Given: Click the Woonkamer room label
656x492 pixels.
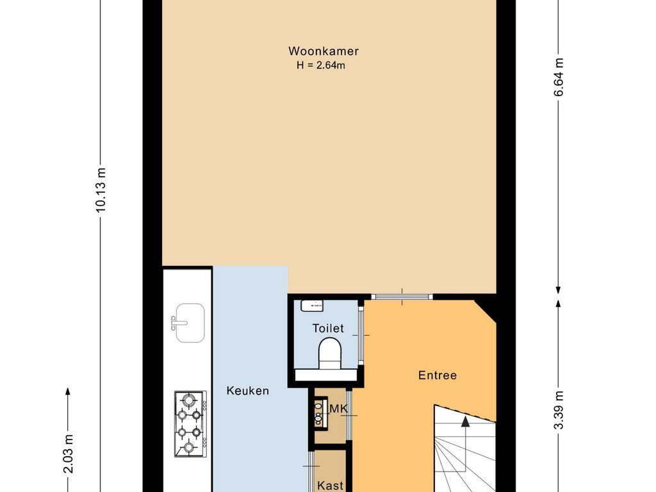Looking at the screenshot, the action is tap(324, 51).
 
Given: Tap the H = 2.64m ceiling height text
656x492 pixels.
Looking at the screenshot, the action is tap(321, 65).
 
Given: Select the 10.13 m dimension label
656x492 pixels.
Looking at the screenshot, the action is tap(101, 190).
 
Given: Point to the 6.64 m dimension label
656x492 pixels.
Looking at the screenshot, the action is tap(559, 78).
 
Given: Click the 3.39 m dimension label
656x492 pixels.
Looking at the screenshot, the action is tap(559, 410).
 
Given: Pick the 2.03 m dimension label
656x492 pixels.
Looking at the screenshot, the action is tap(68, 454).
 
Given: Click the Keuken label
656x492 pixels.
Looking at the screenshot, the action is tap(248, 391).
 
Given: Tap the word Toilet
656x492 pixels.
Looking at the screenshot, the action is tap(328, 329).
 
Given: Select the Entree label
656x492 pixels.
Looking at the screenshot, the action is tap(438, 375).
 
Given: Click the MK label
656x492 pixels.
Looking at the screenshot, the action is tap(339, 408).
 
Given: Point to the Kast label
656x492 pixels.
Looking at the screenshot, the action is tap(331, 486).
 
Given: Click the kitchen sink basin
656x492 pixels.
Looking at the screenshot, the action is tap(190, 323).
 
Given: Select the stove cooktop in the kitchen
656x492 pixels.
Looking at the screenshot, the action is tap(190, 424).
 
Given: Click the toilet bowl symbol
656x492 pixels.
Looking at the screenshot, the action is tap(330, 354).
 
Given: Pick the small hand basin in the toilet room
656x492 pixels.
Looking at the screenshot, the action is tap(312, 306).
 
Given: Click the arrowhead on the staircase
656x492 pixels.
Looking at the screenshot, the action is tap(465, 422).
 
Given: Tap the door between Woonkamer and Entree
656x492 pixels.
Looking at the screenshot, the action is tap(402, 297).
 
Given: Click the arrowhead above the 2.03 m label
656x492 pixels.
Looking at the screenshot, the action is tap(68, 391).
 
